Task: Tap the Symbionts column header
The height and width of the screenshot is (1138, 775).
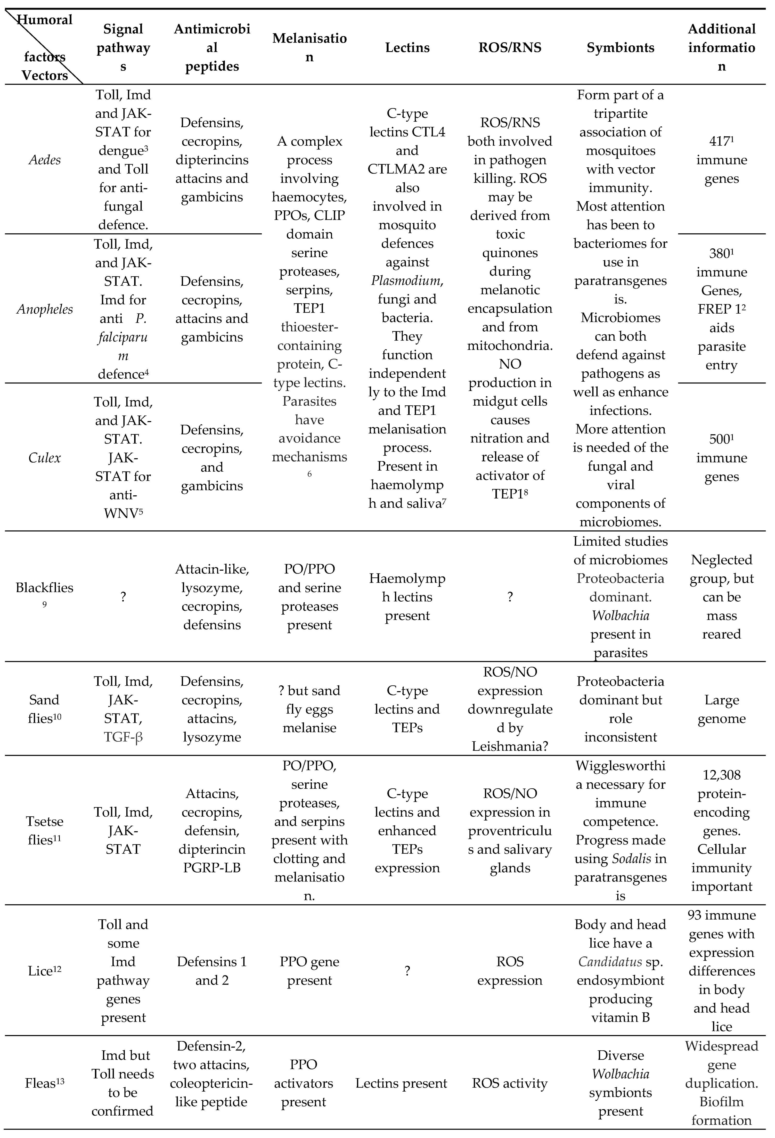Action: coord(620,47)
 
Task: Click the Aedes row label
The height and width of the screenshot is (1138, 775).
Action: coord(45,160)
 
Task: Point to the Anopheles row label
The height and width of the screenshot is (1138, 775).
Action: coord(45,309)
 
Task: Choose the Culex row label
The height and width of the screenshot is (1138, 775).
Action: coord(45,458)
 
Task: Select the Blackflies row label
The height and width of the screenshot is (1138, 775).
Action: coord(45,588)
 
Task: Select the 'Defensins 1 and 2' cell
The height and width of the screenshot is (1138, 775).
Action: coord(211,971)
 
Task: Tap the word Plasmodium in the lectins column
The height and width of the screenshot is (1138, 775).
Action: coord(406,281)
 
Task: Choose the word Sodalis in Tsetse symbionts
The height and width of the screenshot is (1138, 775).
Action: coord(632,858)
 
